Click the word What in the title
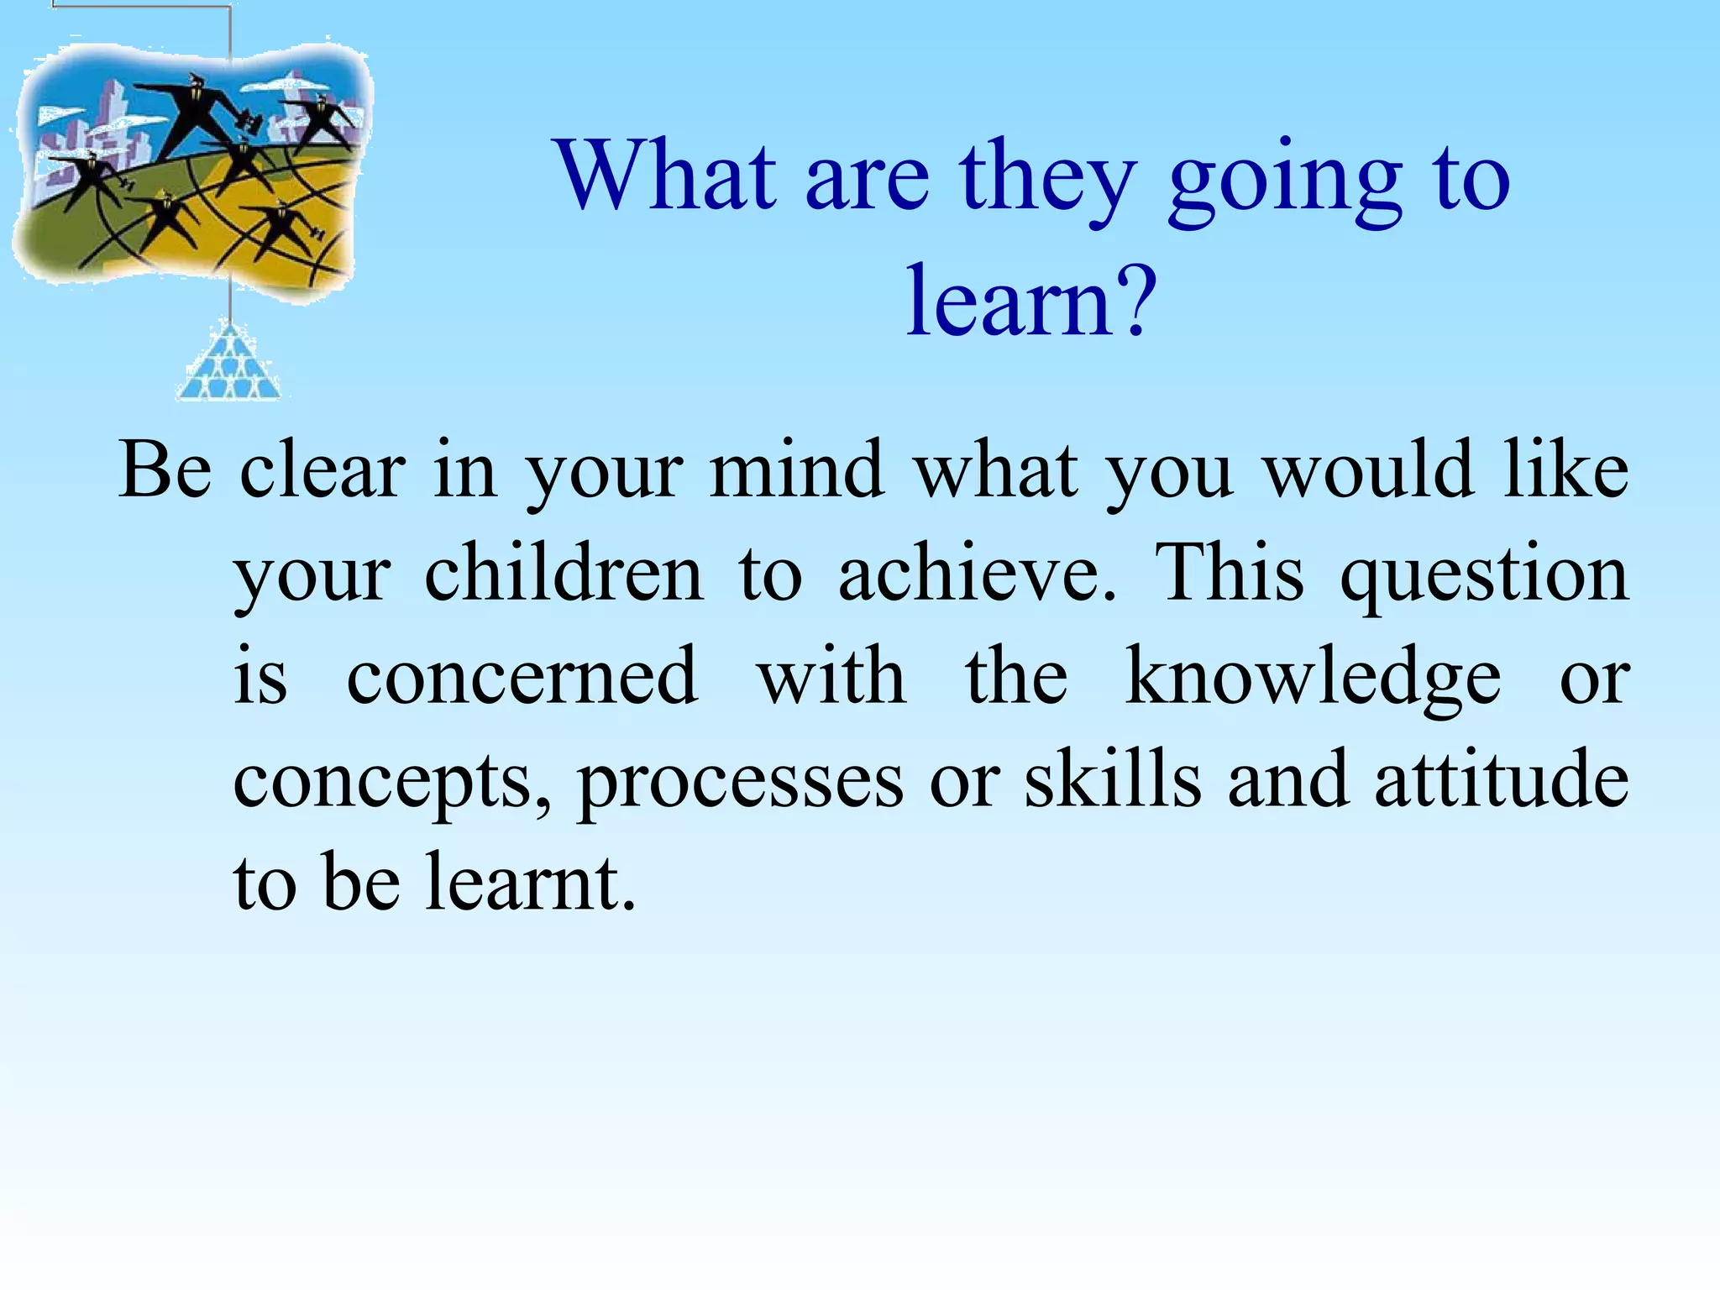pyautogui.click(x=665, y=176)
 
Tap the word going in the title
pyautogui.click(x=1284, y=181)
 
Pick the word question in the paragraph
pyautogui.click(x=1484, y=578)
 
